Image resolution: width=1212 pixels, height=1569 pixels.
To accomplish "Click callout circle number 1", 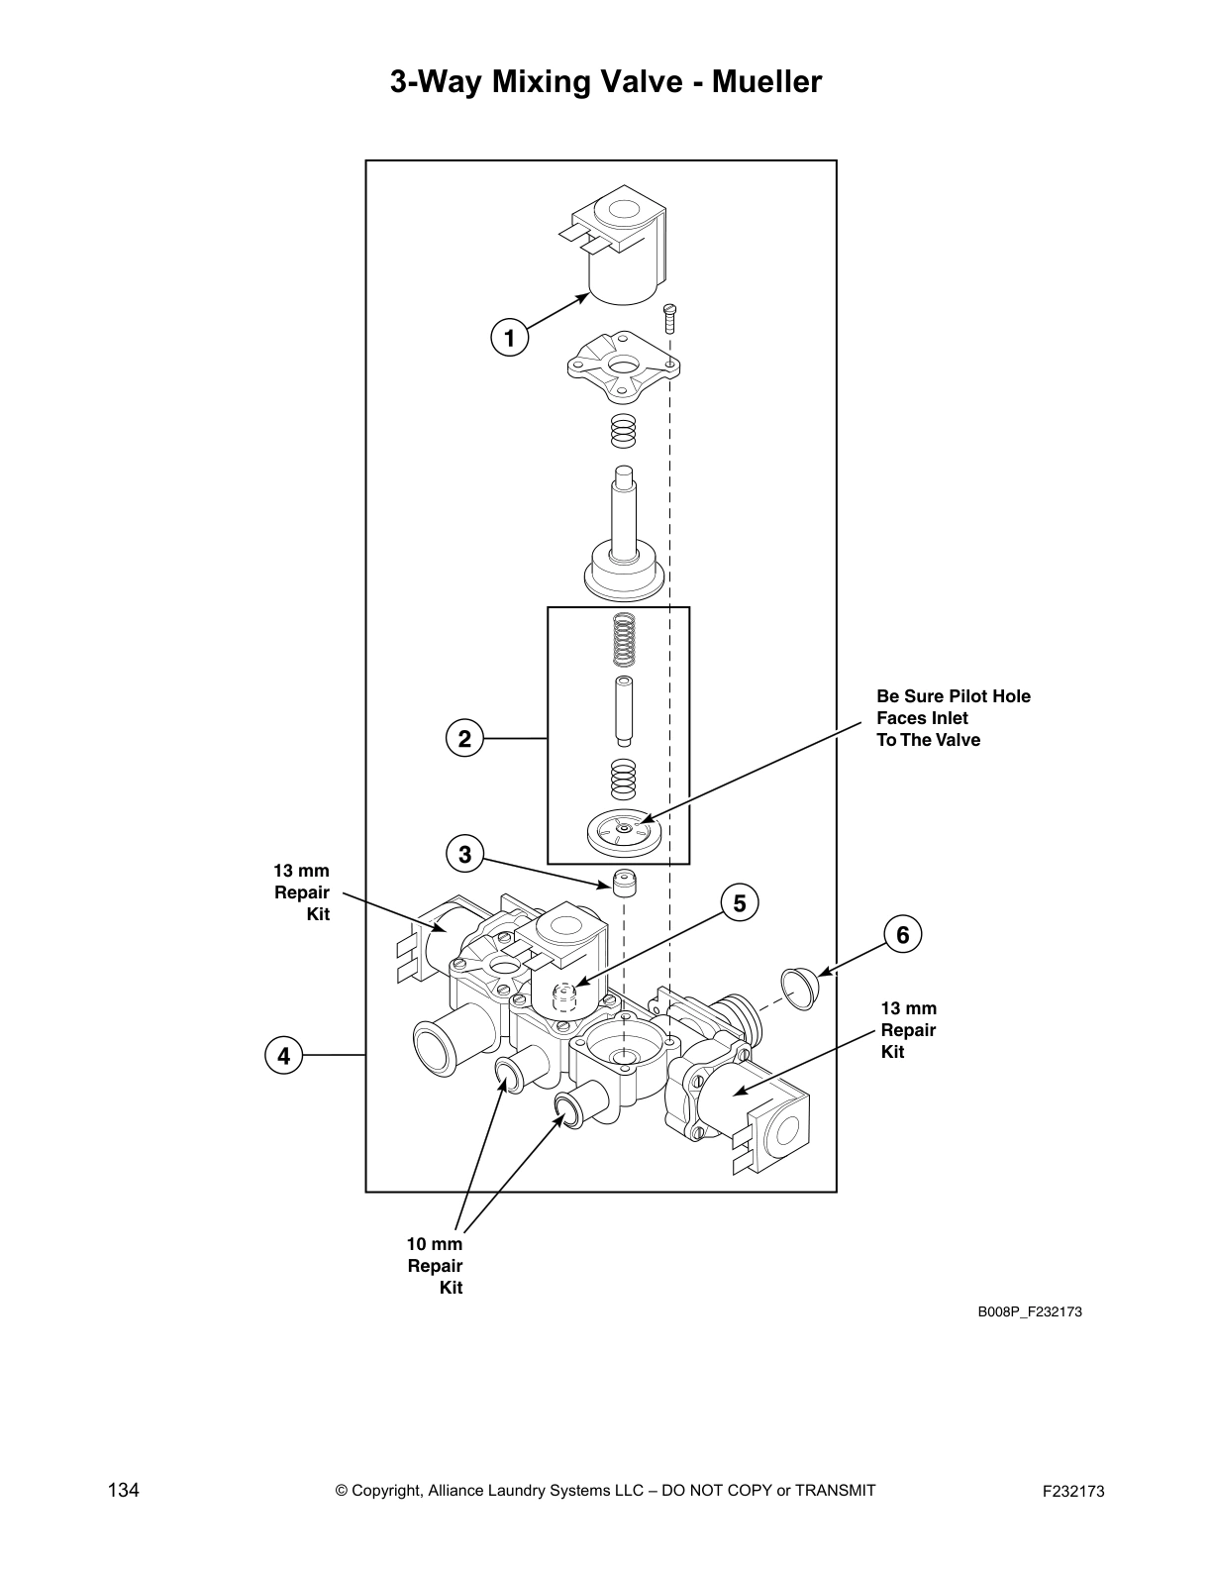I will tap(509, 338).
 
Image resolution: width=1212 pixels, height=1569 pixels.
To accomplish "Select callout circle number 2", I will tap(463, 738).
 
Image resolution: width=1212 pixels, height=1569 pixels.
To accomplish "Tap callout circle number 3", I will tap(464, 853).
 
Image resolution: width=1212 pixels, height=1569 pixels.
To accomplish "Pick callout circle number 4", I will tap(284, 1055).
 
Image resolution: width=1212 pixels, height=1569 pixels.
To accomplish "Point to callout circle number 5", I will tap(739, 902).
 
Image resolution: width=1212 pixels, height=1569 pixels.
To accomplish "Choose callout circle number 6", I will tap(902, 934).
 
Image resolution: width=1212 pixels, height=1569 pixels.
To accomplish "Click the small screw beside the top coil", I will tap(669, 318).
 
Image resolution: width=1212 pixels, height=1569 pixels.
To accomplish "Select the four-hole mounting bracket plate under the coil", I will tap(621, 368).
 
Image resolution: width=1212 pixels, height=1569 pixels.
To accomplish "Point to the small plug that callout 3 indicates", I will tap(621, 881).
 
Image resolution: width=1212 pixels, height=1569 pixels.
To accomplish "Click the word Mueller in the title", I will tap(766, 82).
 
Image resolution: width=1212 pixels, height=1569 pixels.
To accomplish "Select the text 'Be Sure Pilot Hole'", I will tap(953, 696).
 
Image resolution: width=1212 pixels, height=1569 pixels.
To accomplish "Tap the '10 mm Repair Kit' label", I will tap(436, 1265).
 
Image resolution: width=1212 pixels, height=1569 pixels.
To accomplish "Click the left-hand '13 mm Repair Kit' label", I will tap(302, 891).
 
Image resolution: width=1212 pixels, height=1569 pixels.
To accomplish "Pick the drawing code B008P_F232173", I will tap(1030, 1311).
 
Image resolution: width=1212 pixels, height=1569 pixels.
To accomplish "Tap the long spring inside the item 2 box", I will tap(622, 640).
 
